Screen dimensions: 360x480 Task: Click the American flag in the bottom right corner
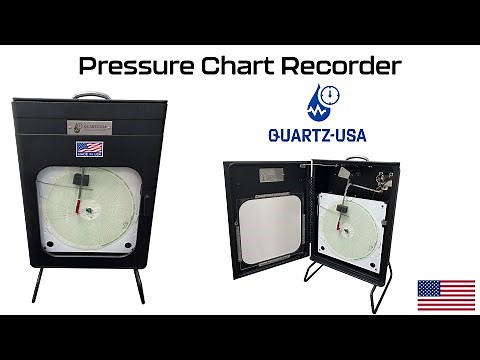coord(445,294)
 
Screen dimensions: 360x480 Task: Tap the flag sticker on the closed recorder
coord(89,150)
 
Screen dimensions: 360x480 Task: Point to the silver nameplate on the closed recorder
coord(89,126)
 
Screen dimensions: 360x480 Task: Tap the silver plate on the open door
coord(269,173)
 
